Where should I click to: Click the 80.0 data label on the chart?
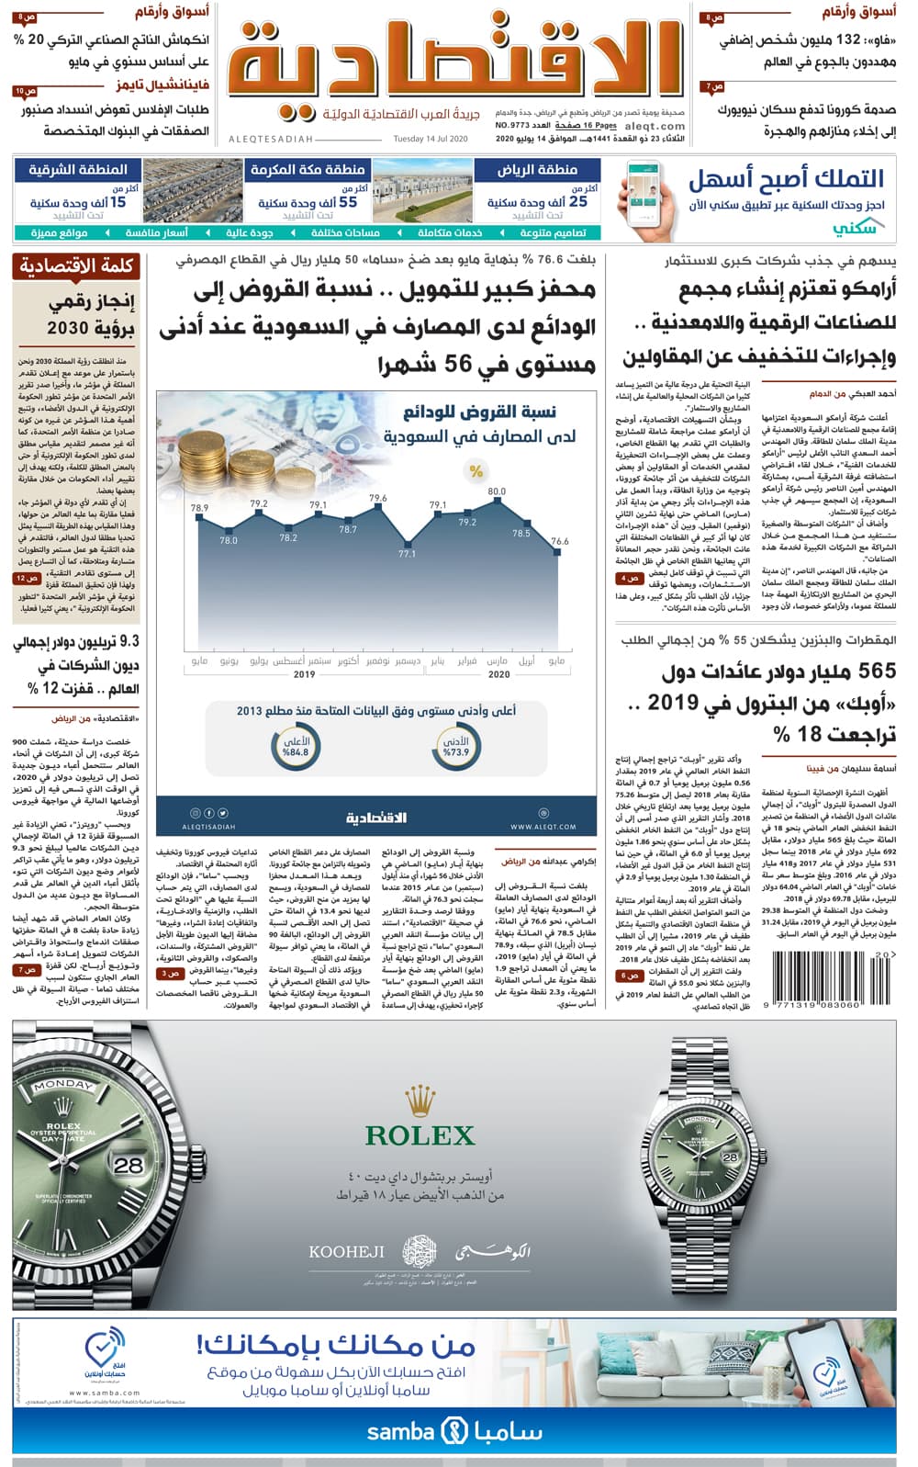tap(497, 491)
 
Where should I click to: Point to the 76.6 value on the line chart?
tap(559, 542)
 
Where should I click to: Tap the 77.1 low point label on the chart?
tap(407, 554)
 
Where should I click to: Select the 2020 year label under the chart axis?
tap(498, 674)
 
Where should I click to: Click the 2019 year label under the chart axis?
tap(304, 674)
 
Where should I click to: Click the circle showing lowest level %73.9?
tap(455, 747)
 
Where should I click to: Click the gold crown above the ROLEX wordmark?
tap(420, 1099)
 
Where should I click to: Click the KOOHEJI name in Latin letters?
tap(346, 1251)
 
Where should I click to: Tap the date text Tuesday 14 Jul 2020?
tap(431, 139)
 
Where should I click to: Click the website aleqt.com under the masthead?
tap(655, 127)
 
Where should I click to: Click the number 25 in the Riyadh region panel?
tap(578, 201)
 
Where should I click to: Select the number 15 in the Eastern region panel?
tap(118, 201)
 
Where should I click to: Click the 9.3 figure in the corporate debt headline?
tap(129, 641)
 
